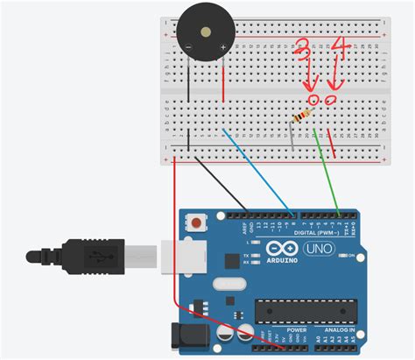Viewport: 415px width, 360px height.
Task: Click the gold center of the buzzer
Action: pyautogui.click(x=205, y=32)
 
